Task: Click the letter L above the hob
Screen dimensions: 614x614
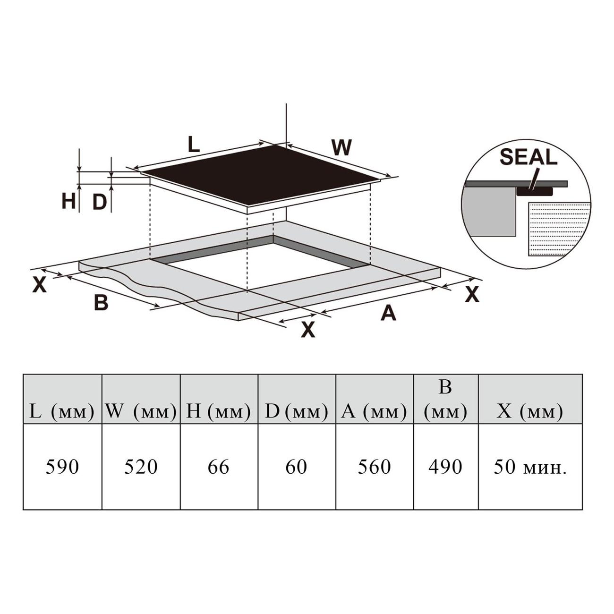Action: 194,144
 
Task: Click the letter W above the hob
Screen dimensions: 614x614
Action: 341,147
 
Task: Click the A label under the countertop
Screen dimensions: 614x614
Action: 388,312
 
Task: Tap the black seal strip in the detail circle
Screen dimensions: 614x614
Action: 534,191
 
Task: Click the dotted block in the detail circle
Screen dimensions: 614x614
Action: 560,229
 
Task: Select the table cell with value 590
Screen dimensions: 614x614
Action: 62,467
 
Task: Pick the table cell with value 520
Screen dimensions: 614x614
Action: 141,467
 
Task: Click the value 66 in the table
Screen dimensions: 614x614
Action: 218,467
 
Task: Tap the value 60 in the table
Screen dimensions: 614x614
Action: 296,467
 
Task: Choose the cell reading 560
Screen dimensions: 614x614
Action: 375,467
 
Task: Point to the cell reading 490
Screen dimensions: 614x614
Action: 446,467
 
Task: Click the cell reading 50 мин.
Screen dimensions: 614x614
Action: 530,467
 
